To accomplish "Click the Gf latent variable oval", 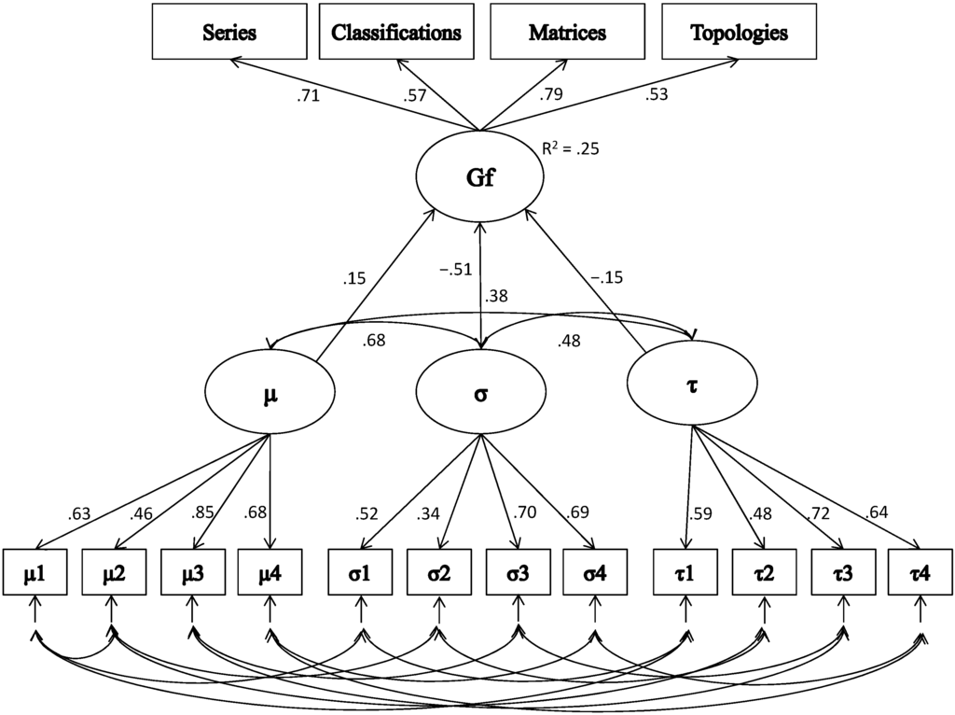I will click(479, 180).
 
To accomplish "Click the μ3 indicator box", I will click(191, 572).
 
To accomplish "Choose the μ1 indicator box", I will click(35, 572).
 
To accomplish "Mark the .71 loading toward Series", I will click(309, 94).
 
